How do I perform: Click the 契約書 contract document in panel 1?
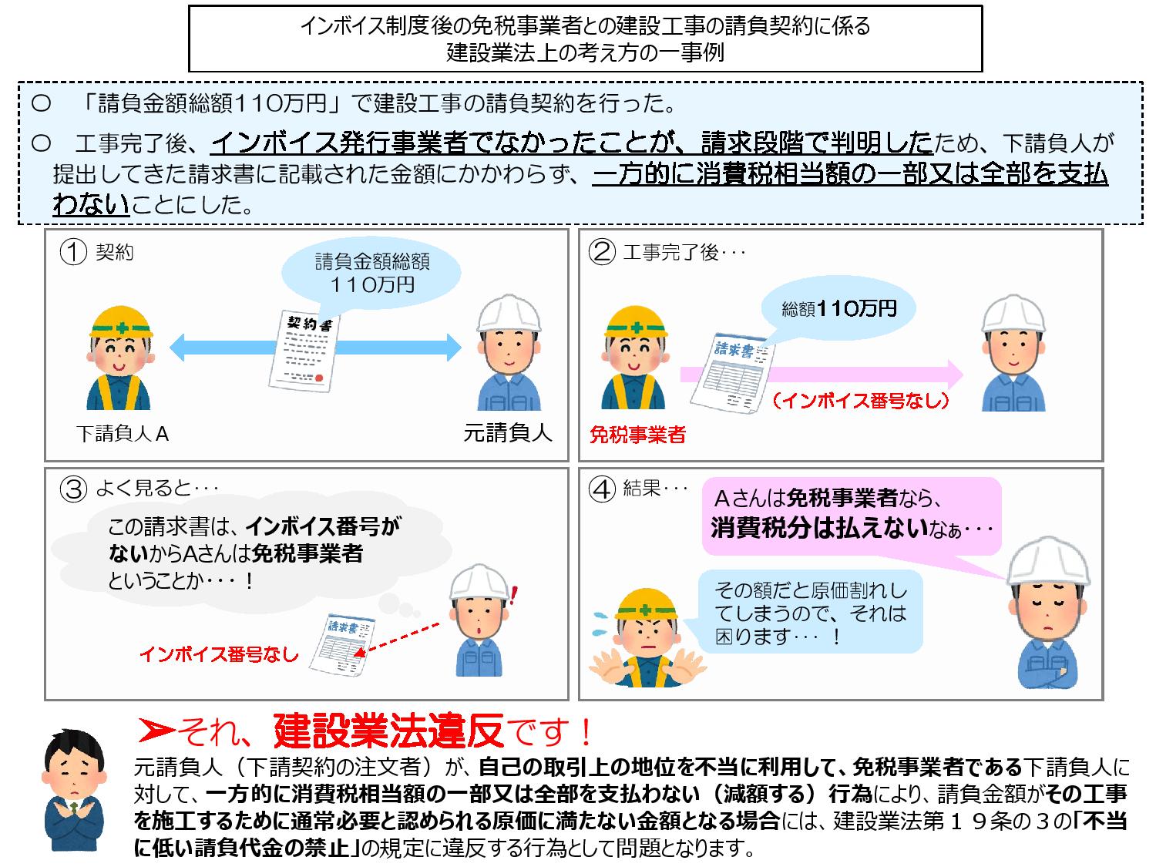click(x=304, y=351)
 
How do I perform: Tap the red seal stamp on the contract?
click(x=318, y=378)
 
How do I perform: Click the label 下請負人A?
click(x=123, y=434)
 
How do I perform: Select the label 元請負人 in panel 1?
click(x=507, y=432)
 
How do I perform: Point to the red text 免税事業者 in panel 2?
click(x=637, y=435)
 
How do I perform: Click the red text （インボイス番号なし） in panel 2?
click(x=861, y=401)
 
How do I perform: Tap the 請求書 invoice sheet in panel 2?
click(x=733, y=373)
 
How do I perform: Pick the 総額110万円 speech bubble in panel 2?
click(x=838, y=308)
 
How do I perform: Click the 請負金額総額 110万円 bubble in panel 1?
click(x=371, y=273)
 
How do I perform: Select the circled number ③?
click(x=73, y=489)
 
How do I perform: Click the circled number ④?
click(x=602, y=489)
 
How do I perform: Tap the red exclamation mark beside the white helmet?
click(x=514, y=595)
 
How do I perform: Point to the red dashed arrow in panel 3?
click(x=396, y=640)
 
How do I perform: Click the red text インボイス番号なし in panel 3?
click(x=219, y=654)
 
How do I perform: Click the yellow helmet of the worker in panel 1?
click(x=121, y=321)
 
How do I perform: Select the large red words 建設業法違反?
click(x=388, y=731)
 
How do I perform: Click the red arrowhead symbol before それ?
click(x=156, y=731)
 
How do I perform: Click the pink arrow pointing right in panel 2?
click(x=822, y=375)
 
